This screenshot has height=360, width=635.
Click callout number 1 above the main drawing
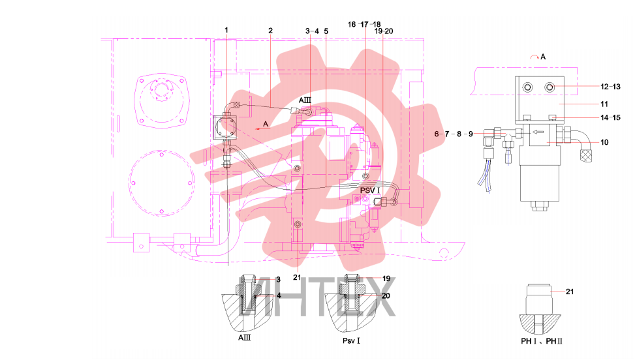point(226,30)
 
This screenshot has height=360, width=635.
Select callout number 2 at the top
point(271,31)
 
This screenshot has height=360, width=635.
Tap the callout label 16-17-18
point(364,25)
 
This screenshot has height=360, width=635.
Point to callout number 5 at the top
point(326,31)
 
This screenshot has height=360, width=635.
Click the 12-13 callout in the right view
point(610,87)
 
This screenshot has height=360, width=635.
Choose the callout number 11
point(604,104)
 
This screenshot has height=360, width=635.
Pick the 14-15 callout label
point(610,117)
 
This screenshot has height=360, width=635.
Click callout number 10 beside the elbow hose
point(604,142)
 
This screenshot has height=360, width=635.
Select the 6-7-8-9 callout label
point(454,134)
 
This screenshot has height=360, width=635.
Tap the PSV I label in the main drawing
point(370,190)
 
